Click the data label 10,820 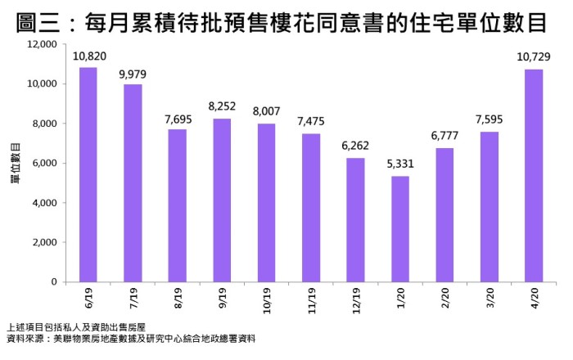[x=88, y=56]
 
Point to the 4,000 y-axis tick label [x=43, y=203]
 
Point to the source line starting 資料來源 [x=129, y=338]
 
